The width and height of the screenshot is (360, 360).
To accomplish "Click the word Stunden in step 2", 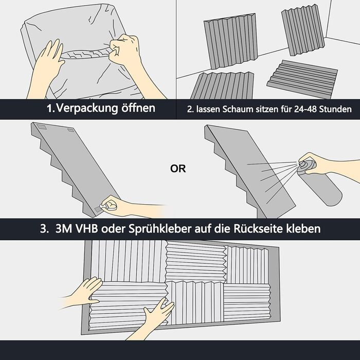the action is click(x=335, y=109).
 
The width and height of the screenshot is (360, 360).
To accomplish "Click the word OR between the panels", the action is click(x=178, y=169).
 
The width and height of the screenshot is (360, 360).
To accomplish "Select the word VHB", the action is click(x=86, y=229).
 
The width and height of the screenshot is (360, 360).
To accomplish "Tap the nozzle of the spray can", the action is click(x=301, y=163).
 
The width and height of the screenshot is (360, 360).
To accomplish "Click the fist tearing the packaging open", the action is click(x=124, y=49).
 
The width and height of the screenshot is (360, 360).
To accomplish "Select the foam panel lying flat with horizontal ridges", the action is click(x=302, y=77).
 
